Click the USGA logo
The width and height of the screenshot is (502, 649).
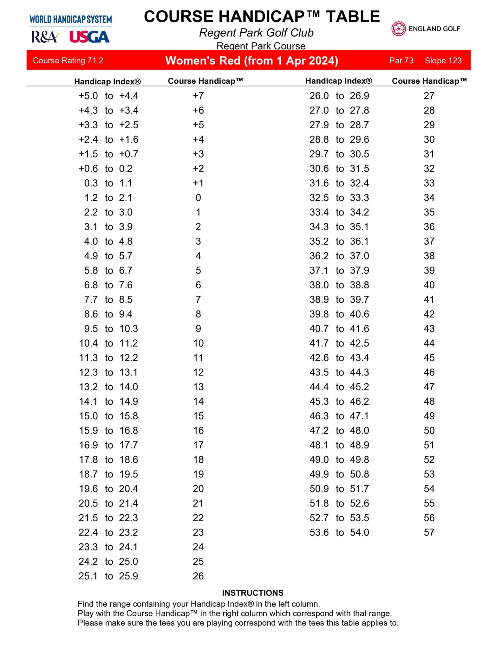tap(89, 37)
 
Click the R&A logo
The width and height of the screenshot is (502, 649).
tap(45, 37)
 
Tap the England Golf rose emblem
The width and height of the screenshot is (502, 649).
tap(398, 29)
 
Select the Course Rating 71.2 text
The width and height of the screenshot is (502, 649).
tap(68, 61)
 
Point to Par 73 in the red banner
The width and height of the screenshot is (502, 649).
tap(401, 61)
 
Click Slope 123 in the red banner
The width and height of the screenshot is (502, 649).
tap(443, 61)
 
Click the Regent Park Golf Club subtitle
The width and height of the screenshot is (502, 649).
tap(256, 33)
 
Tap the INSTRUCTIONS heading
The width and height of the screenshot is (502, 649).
tap(252, 593)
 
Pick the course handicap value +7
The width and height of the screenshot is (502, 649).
tap(198, 96)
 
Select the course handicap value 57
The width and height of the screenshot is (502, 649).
tap(429, 532)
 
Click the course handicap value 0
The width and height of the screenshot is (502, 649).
tap(198, 198)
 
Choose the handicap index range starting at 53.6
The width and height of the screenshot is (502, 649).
tap(339, 532)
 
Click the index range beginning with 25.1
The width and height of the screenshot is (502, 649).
tap(108, 576)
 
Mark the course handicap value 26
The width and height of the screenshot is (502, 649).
tap(198, 576)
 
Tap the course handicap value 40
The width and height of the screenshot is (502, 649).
tap(429, 285)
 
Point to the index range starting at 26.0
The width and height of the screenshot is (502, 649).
tap(339, 96)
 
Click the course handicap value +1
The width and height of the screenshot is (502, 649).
tap(198, 183)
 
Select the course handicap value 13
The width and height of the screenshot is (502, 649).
tap(198, 387)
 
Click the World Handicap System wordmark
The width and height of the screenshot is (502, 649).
tap(71, 20)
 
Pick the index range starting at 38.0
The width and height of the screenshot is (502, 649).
tap(339, 285)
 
